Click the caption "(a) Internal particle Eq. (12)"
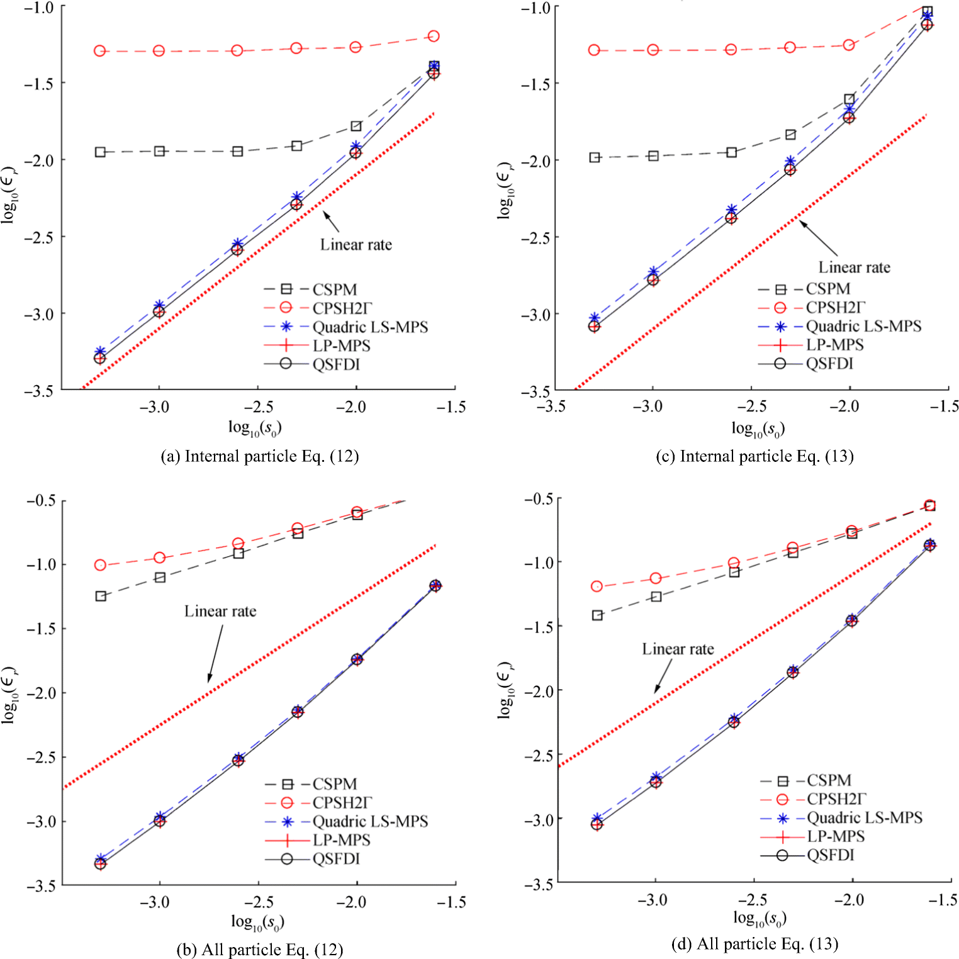pyautogui.click(x=259, y=456)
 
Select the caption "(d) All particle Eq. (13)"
pyautogui.click(x=754, y=944)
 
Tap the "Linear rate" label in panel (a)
pyautogui.click(x=356, y=245)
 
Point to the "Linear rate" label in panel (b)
pyautogui.click(x=220, y=611)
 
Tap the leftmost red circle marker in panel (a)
pyautogui.click(x=99, y=51)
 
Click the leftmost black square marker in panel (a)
pyautogui.click(x=100, y=152)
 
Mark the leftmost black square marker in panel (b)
pyautogui.click(x=101, y=596)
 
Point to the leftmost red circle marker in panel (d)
pyautogui.click(x=597, y=586)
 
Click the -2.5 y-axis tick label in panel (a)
pyautogui.click(x=38, y=237)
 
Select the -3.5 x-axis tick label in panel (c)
pyautogui.click(x=551, y=407)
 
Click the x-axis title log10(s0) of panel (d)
pyautogui.click(x=760, y=918)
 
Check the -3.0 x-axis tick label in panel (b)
pyautogui.click(x=155, y=902)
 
